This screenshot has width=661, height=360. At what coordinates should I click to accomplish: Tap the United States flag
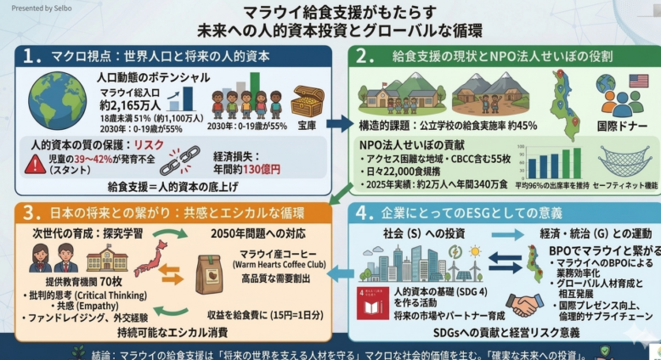click(638, 82)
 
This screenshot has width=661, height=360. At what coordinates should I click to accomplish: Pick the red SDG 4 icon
click(367, 301)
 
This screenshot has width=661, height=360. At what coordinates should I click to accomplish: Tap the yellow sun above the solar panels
click(475, 251)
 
